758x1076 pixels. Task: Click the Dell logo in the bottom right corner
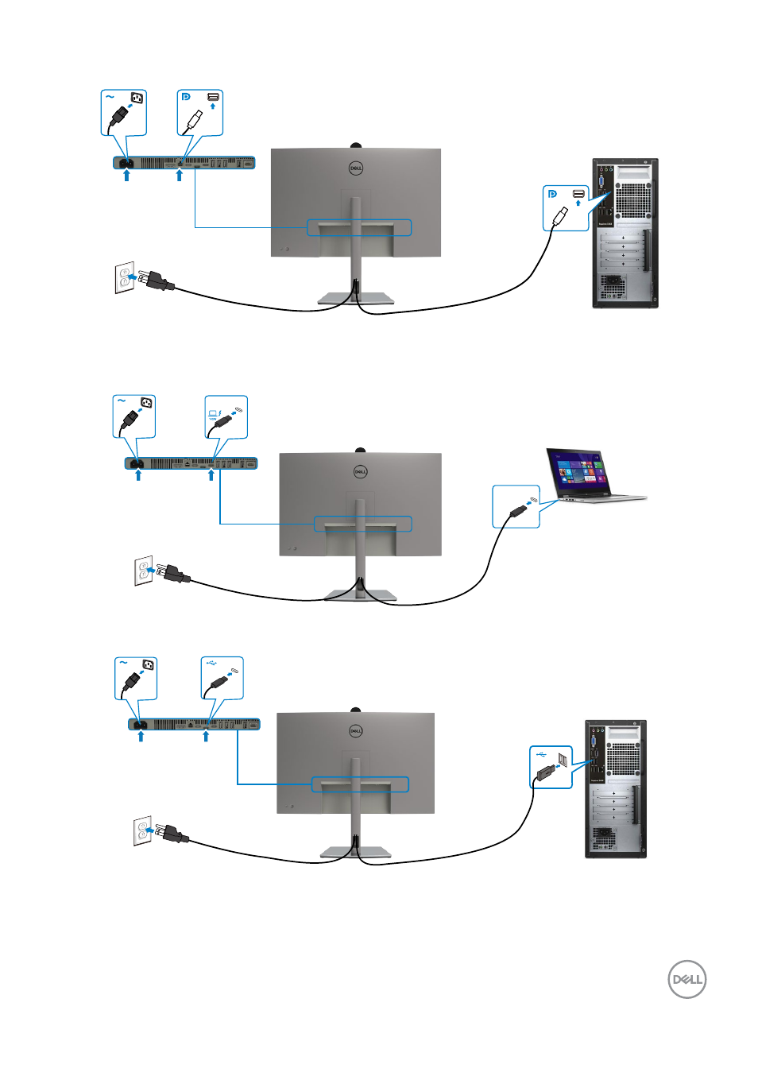pos(686,979)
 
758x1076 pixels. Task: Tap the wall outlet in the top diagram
pos(125,277)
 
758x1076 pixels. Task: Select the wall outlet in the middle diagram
pos(144,571)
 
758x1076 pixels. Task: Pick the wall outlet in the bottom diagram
pos(142,831)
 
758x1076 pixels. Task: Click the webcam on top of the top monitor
pos(356,145)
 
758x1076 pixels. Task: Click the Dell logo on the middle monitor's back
pos(360,472)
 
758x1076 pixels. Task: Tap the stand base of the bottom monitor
pos(355,853)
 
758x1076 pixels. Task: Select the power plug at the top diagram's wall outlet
pos(156,281)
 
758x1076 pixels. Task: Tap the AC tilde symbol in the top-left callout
pos(110,97)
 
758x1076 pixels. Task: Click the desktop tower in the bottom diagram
pos(616,789)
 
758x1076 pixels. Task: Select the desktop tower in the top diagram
pos(625,234)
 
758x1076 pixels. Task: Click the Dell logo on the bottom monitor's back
pos(356,730)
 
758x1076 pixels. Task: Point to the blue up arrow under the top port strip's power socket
pos(126,176)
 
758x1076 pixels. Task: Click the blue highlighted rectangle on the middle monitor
pos(363,524)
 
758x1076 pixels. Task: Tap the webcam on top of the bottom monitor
pos(356,710)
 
